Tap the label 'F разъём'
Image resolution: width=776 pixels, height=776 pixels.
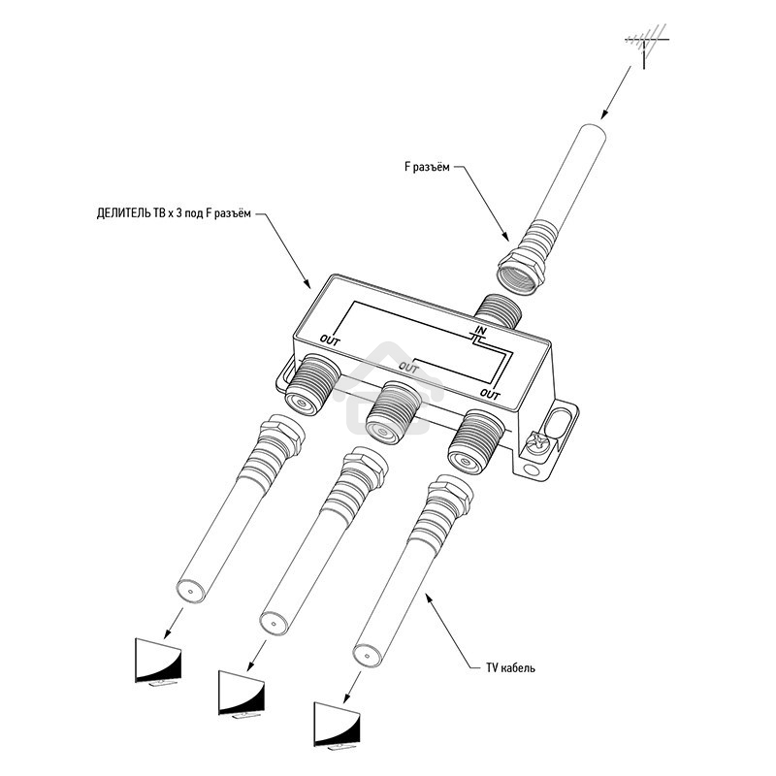coord(427,167)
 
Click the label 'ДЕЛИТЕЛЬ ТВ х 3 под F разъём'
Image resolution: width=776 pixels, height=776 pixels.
coord(174,213)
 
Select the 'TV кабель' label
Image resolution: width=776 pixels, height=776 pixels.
coord(510,667)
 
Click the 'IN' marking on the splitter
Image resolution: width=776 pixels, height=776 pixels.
coord(480,331)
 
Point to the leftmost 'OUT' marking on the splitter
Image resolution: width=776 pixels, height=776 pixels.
coord(330,340)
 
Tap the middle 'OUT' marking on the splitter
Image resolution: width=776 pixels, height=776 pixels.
coord(408,369)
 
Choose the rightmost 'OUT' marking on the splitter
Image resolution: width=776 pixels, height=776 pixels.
coord(490,395)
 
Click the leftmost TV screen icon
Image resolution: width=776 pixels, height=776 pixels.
coord(158,662)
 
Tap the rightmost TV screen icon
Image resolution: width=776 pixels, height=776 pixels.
coord(337,726)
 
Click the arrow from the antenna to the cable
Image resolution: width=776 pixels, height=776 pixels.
coord(616,92)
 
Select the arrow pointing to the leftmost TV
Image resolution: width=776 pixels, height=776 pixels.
coord(174,623)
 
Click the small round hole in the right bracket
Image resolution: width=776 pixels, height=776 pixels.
coord(532,469)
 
